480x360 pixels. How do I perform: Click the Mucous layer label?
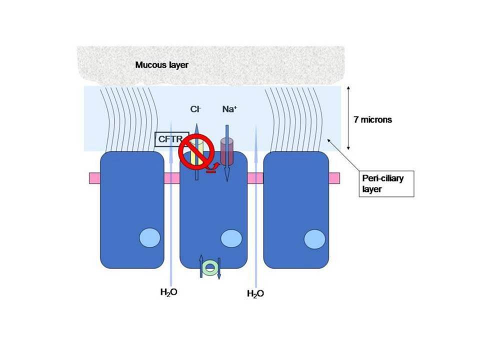point(161,65)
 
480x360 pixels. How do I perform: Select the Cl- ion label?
point(195,109)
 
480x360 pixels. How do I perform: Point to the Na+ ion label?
point(229,109)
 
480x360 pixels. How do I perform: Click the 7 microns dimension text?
point(372,119)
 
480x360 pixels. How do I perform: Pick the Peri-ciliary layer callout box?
point(386,183)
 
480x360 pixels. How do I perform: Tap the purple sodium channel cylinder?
point(227,152)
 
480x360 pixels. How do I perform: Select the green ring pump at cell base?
point(210,267)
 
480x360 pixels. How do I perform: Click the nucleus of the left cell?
point(149,238)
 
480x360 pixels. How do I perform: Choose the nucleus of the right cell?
point(314,239)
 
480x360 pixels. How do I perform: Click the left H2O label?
point(169,292)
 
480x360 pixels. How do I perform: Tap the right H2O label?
point(255,294)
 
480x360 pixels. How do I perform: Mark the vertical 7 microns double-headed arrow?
point(348,118)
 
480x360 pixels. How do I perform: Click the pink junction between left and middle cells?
point(171,178)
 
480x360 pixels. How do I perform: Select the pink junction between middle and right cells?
point(255,178)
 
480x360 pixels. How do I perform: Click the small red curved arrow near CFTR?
point(214,166)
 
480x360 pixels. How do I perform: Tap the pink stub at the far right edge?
point(334,178)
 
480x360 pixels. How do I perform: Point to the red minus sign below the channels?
point(211,171)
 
